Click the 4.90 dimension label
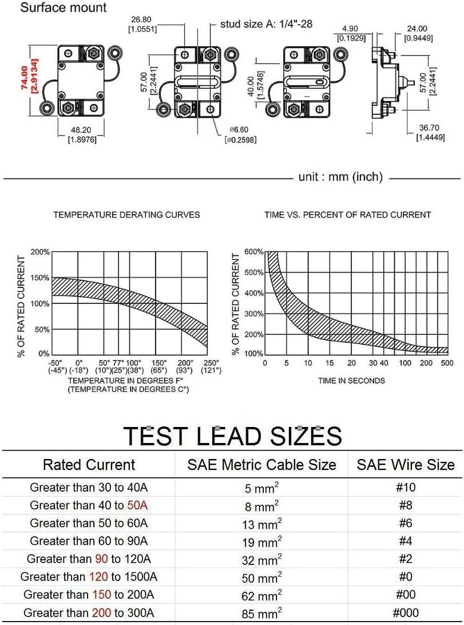click(350, 29)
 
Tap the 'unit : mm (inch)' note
click(340, 177)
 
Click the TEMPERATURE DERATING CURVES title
click(126, 215)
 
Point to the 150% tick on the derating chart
click(39, 278)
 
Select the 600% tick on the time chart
click(255, 252)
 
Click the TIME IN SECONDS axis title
click(351, 381)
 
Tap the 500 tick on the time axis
click(447, 363)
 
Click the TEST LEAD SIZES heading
click(232, 436)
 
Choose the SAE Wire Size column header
click(405, 464)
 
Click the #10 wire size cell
click(405, 488)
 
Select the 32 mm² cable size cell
click(261, 559)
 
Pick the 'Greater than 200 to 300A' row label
click(89, 612)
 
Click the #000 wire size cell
click(405, 612)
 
